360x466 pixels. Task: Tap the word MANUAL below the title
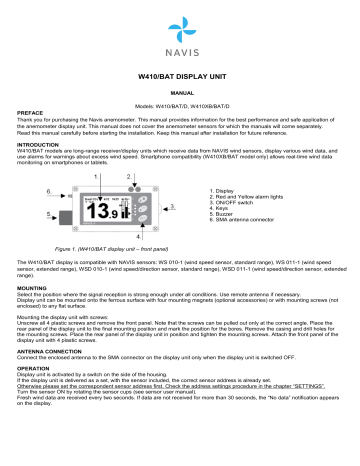point(180,92)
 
